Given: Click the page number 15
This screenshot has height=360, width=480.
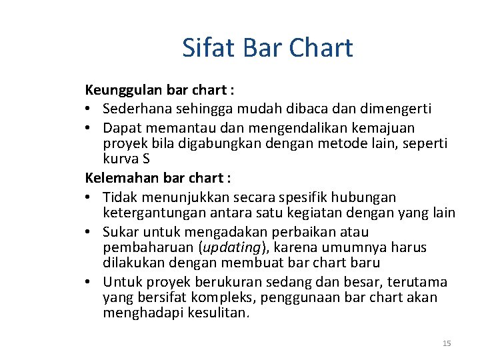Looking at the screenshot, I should pos(447,343).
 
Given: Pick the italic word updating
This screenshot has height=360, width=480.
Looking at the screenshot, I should pos(230,248).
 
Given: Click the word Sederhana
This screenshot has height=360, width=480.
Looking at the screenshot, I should pos(136,108).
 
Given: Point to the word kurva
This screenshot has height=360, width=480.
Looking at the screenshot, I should pos(119,159).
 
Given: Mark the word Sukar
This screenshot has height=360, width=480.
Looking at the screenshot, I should pos(121,232).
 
